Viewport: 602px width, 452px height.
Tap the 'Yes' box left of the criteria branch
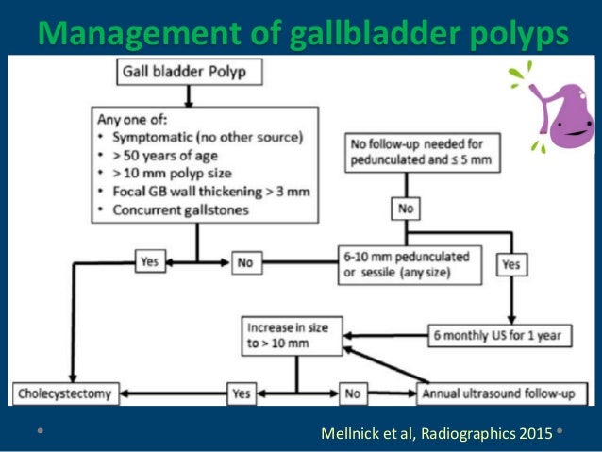[x=150, y=263]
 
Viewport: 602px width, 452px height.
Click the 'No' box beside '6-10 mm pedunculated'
[x=245, y=263]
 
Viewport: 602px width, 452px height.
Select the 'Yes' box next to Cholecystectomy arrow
[x=242, y=390]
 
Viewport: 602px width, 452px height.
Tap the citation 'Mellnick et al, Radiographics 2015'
[x=436, y=433]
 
